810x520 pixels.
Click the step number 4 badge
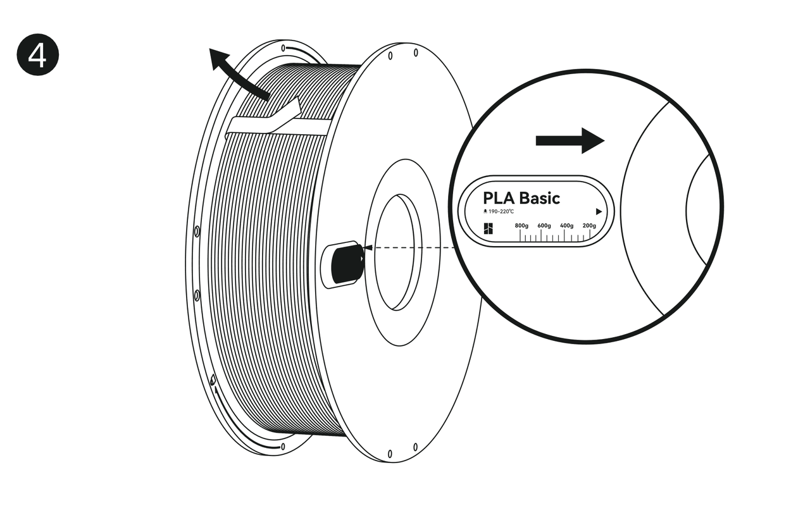37,55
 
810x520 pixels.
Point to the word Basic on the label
539,198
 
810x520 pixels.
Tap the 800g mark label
521,225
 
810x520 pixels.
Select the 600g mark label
544,225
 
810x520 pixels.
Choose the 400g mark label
567,225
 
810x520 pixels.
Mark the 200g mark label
589,225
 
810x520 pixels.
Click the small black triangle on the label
599,212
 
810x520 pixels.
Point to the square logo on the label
487,228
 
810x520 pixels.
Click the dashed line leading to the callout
411,248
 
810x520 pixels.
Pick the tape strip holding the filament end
278,123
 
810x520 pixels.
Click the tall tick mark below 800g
520,235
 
